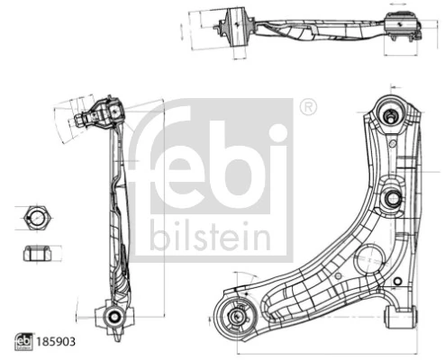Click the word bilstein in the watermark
click(210, 236)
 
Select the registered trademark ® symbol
click(307, 107)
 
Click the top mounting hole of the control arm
click(393, 114)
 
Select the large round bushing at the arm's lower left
click(238, 317)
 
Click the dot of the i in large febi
click(279, 134)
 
